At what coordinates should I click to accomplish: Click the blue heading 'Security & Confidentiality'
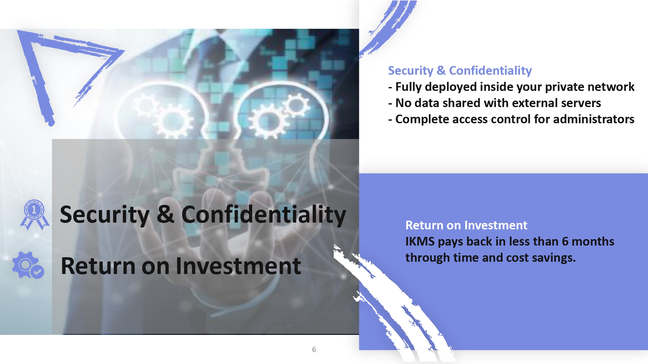(460, 71)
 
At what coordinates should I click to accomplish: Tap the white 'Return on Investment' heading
(466, 225)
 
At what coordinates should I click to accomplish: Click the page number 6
(314, 349)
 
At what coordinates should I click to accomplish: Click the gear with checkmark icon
(28, 265)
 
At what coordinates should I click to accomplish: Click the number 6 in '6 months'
(565, 242)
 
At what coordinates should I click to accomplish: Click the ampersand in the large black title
(165, 214)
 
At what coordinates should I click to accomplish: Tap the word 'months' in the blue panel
(593, 242)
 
